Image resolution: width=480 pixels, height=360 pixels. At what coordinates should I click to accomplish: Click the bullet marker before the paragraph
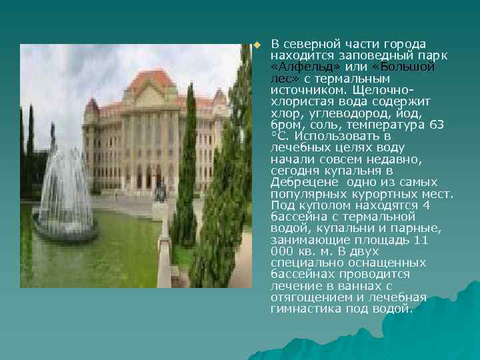click(x=255, y=45)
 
